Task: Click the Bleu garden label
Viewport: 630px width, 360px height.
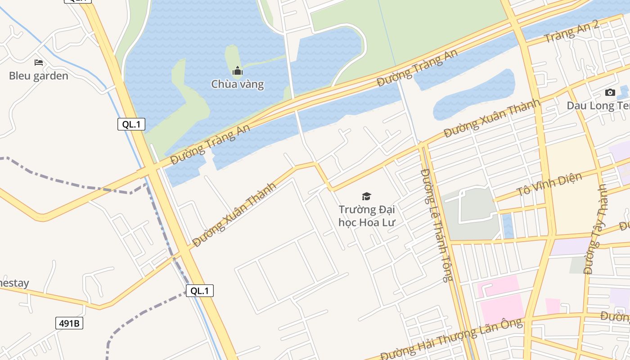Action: pyautogui.click(x=39, y=76)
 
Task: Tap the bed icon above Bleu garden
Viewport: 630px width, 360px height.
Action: pyautogui.click(x=39, y=62)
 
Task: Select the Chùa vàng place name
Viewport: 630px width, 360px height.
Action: pyautogui.click(x=238, y=84)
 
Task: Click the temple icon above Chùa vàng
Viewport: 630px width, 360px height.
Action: pyautogui.click(x=238, y=71)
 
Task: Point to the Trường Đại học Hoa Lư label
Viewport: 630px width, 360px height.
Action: pyautogui.click(x=367, y=216)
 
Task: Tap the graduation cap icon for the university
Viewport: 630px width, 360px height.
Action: pyautogui.click(x=367, y=196)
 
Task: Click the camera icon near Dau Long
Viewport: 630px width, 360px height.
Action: pyautogui.click(x=610, y=93)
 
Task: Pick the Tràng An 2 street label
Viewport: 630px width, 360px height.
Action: pyautogui.click(x=571, y=31)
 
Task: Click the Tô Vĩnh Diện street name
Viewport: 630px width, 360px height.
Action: pyautogui.click(x=549, y=184)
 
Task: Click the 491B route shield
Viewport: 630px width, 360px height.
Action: pyautogui.click(x=70, y=323)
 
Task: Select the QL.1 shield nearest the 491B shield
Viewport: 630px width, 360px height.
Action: pyautogui.click(x=200, y=291)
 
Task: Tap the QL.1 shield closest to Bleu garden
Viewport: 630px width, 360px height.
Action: pyautogui.click(x=131, y=124)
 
